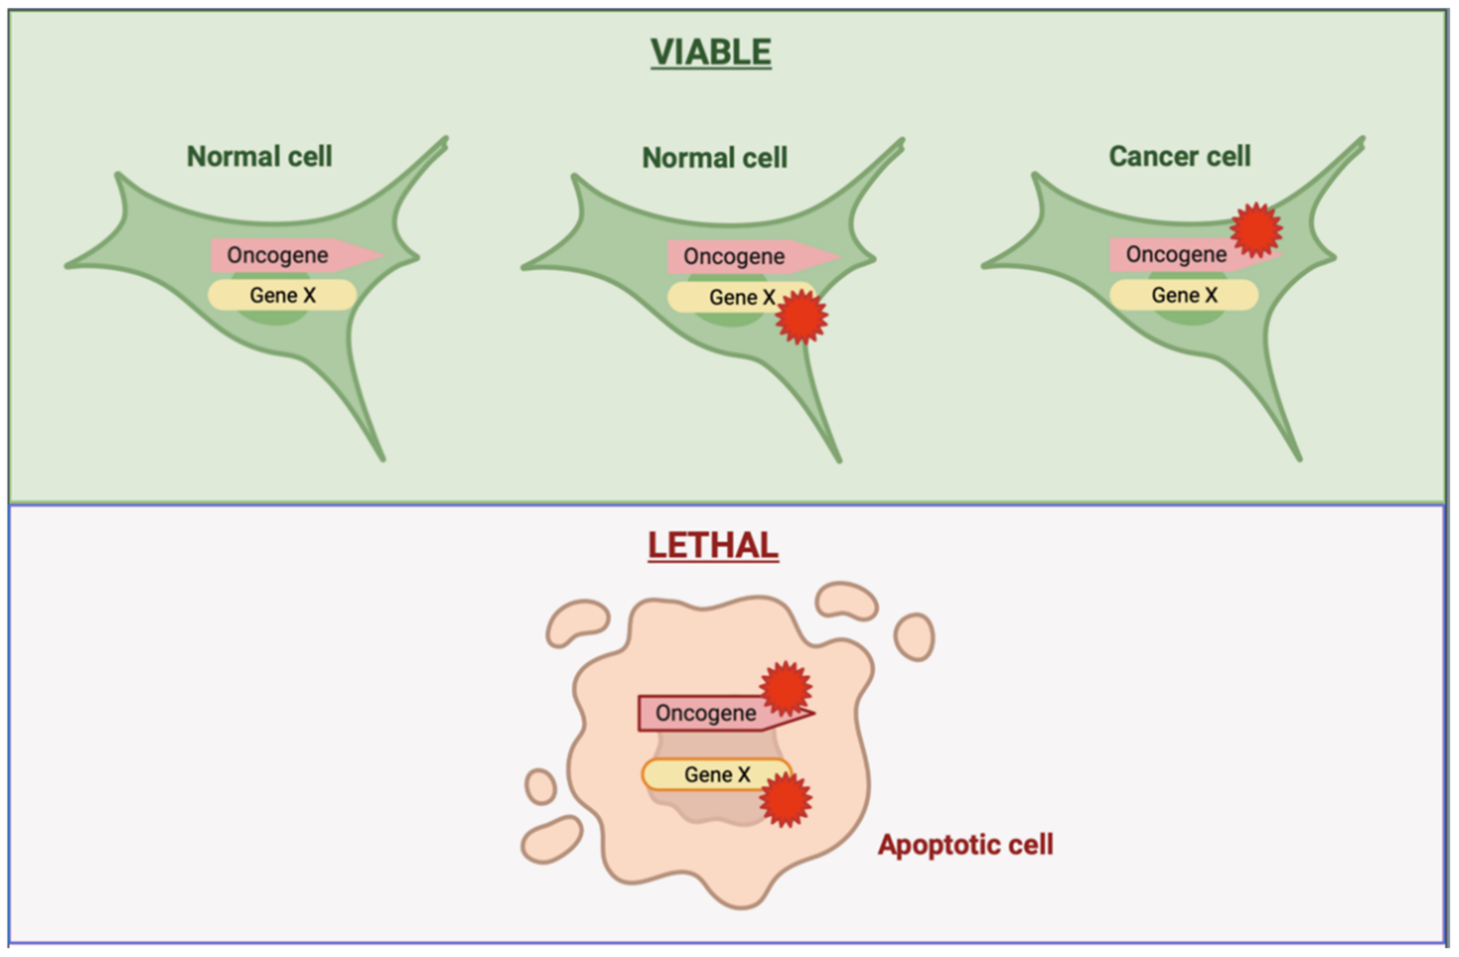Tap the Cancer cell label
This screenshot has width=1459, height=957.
point(1179,156)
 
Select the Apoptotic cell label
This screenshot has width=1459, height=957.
point(966,844)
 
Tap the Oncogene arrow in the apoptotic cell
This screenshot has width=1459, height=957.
point(705,713)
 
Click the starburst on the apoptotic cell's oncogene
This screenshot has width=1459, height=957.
point(786,688)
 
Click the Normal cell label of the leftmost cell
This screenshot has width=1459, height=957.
point(260,156)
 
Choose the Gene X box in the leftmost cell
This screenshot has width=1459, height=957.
point(282,295)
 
